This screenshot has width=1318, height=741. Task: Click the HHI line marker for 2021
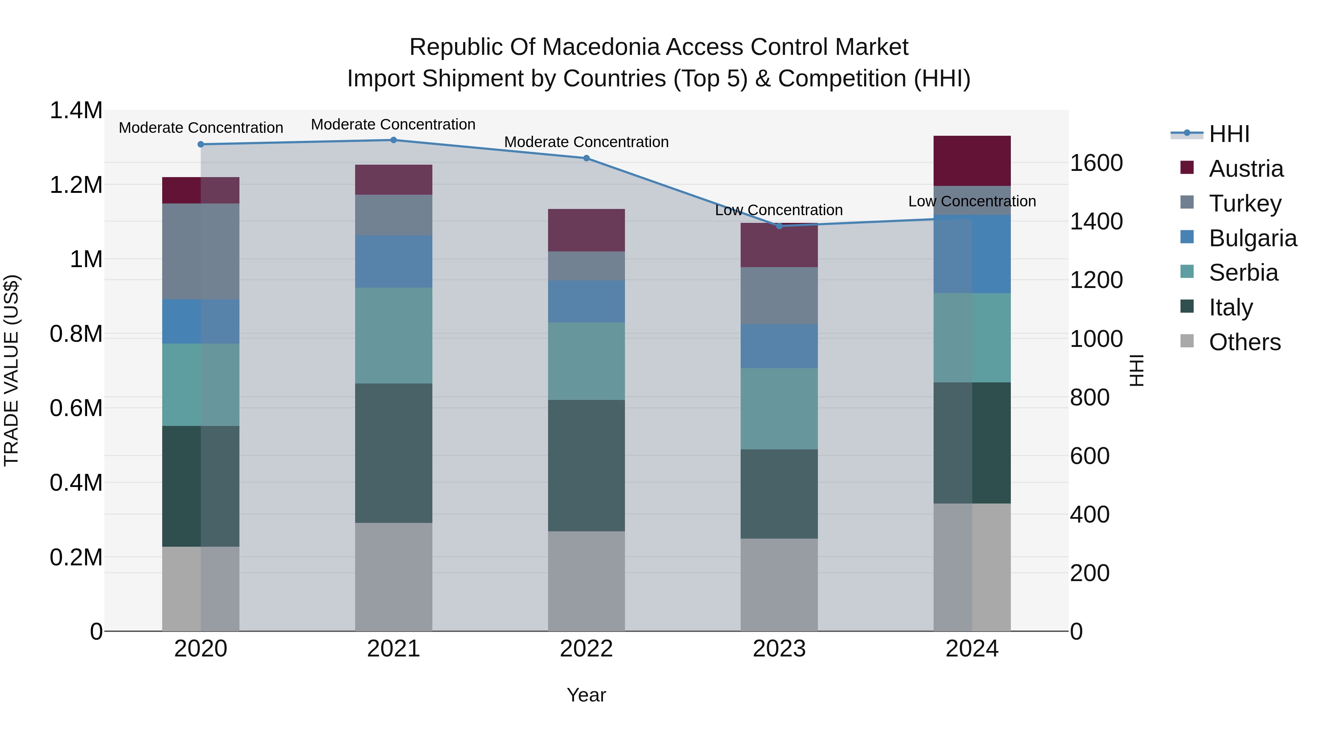(394, 140)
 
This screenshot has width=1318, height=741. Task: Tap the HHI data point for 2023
(779, 226)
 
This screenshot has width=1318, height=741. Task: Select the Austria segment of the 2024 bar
(972, 161)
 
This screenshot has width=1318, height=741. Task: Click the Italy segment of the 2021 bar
(394, 453)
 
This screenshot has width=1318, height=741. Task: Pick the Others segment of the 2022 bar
(587, 581)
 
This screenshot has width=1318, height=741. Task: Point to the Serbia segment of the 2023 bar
(779, 409)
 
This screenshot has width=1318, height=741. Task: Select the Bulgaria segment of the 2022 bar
(587, 301)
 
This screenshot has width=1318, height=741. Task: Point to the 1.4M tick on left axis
(76, 111)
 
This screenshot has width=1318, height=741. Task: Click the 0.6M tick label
(76, 408)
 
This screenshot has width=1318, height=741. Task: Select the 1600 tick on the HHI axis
(1096, 163)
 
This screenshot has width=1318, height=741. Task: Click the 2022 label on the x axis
(587, 649)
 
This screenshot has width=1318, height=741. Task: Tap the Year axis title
(587, 695)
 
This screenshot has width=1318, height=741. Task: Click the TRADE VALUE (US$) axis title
(11, 370)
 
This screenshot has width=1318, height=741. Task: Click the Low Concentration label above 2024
(972, 202)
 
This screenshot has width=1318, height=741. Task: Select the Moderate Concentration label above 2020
(201, 128)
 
